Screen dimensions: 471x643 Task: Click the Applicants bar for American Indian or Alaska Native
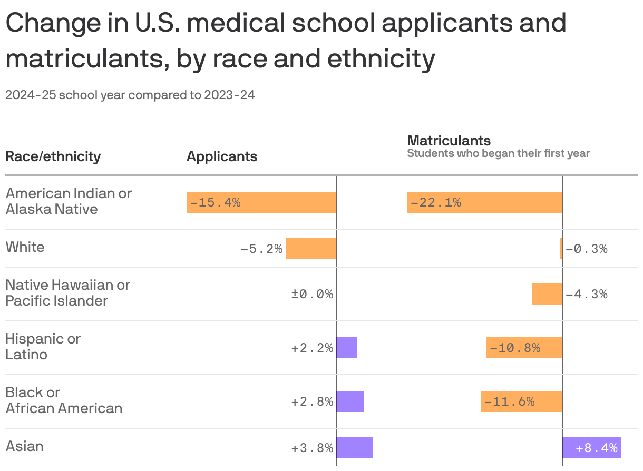click(261, 202)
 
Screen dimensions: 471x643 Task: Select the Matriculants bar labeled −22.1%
click(484, 202)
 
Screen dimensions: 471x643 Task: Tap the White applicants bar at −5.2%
click(311, 248)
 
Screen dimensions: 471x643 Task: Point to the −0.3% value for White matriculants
click(587, 249)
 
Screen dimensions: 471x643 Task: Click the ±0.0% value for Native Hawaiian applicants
click(312, 294)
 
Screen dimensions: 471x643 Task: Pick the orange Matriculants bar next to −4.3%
click(547, 294)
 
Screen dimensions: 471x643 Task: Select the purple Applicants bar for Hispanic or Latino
click(347, 348)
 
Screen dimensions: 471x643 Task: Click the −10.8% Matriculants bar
click(524, 348)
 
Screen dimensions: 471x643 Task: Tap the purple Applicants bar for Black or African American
click(350, 401)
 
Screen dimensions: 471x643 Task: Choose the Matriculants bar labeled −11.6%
click(521, 401)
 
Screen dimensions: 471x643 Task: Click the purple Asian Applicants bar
click(355, 448)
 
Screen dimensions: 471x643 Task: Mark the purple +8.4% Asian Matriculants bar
click(591, 448)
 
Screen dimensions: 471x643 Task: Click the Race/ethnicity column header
click(53, 156)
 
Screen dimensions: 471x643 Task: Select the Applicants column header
click(222, 156)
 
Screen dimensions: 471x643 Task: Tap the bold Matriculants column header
click(449, 141)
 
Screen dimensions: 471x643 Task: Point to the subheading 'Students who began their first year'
click(498, 154)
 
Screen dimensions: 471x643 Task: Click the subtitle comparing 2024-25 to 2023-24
click(130, 95)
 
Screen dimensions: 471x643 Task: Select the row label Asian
click(25, 446)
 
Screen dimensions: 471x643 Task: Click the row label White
click(25, 247)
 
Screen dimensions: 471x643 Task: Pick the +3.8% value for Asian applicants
click(312, 448)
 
